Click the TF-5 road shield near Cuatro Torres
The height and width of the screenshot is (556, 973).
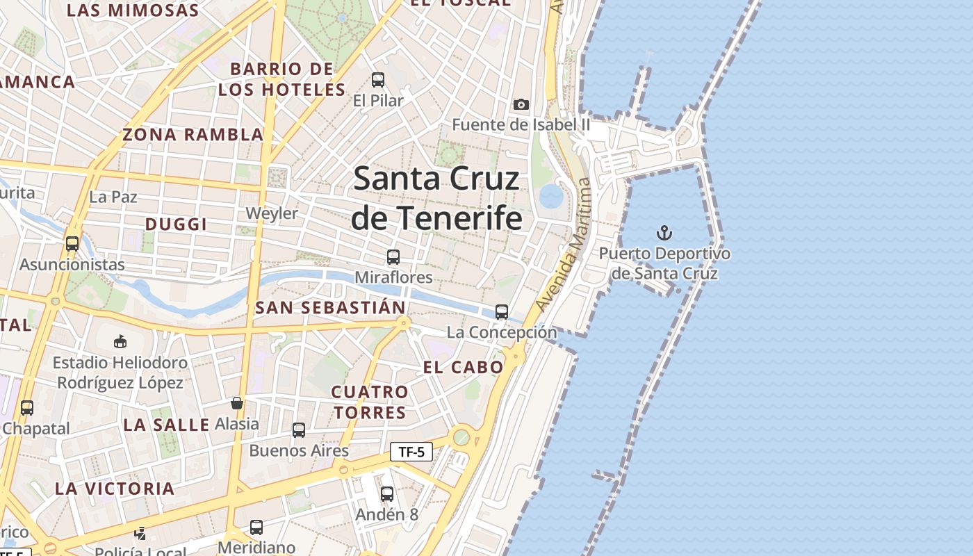click(411, 452)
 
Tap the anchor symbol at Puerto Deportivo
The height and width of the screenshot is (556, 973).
click(664, 232)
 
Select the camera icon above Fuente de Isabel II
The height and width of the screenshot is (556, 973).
click(521, 104)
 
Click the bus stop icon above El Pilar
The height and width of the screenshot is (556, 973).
click(377, 80)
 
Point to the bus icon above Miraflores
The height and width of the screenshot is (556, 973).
click(393, 257)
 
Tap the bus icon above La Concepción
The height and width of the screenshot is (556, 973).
click(501, 312)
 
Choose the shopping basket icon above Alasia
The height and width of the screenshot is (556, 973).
click(237, 403)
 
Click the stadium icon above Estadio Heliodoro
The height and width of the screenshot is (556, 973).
click(120, 341)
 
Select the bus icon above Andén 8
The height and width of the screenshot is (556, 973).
click(387, 494)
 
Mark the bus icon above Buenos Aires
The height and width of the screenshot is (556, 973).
click(299, 430)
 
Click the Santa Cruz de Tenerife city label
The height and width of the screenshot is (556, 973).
click(436, 198)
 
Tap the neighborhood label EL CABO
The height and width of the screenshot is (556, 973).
click(463, 367)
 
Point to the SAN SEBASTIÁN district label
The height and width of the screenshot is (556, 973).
click(330, 307)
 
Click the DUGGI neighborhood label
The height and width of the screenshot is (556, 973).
click(176, 224)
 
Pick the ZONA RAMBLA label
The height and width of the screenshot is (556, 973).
click(193, 135)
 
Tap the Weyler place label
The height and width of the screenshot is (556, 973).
click(272, 213)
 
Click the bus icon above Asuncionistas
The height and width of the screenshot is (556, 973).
click(72, 244)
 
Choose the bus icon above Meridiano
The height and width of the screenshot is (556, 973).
click(256, 528)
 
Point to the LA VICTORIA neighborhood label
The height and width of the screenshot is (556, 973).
click(115, 488)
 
